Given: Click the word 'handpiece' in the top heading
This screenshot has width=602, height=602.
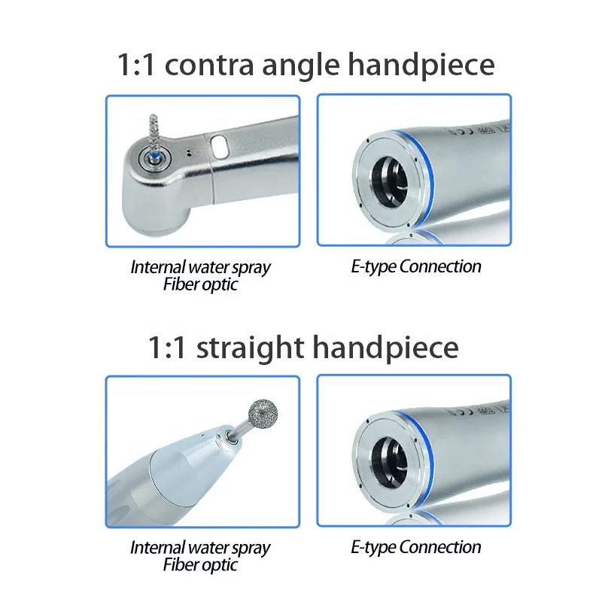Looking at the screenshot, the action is (421, 66).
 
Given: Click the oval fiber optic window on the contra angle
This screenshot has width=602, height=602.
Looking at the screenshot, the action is (220, 146).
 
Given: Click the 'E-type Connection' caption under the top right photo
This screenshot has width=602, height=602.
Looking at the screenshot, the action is (415, 266).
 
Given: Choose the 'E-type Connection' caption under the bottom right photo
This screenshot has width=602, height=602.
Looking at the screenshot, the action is (415, 548).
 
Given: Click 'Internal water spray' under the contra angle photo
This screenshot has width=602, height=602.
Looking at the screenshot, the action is (200, 267).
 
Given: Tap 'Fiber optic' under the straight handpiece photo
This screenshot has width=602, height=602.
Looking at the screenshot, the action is (200, 565).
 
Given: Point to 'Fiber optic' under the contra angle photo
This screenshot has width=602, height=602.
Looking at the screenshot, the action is (200, 284).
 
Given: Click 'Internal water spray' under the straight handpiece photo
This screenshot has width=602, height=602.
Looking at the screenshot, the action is (200, 548).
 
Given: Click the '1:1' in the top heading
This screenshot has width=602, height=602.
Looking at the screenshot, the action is (135, 65).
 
